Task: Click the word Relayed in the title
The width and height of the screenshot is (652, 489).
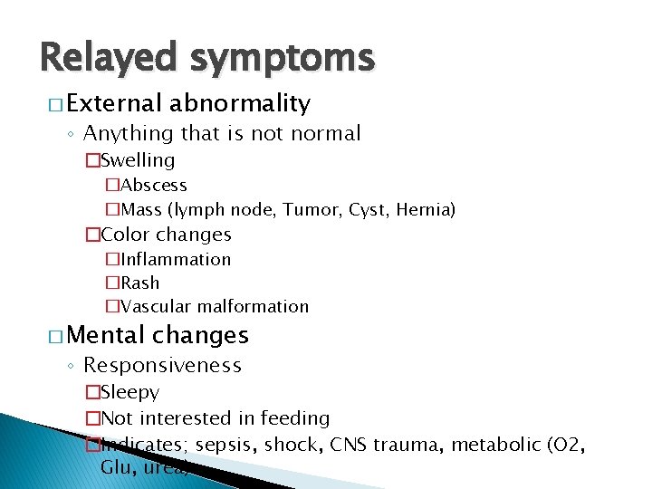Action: click(x=108, y=58)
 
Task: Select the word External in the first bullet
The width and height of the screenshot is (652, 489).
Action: click(x=112, y=103)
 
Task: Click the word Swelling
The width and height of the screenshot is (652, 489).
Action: click(x=138, y=161)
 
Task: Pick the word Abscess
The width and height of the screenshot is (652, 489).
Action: click(x=154, y=186)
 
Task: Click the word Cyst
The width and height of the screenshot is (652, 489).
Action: click(x=365, y=210)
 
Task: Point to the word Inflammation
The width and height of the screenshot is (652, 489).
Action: click(x=176, y=260)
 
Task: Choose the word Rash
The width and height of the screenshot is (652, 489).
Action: click(x=139, y=283)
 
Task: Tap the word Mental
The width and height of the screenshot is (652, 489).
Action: click(x=106, y=335)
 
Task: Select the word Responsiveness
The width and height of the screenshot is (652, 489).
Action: click(x=162, y=366)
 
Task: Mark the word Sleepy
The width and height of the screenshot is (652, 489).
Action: click(x=130, y=393)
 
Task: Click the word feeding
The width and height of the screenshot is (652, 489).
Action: click(x=295, y=418)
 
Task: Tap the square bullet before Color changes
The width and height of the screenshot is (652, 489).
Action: click(x=91, y=235)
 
